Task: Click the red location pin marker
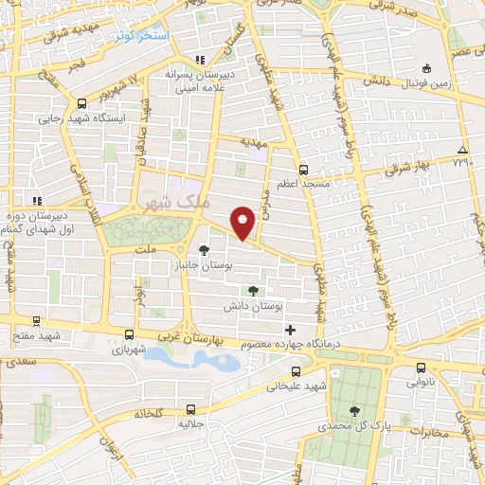pos(243,222)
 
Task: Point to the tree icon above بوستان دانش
pos(252,291)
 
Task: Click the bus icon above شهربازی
pos(129,333)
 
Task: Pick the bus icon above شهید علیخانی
pos(296,370)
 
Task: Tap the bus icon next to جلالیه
pos(191,410)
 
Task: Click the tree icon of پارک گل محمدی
pos(355,410)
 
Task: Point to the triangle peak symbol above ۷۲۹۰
pos(462,150)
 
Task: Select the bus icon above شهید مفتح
pos(37,321)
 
